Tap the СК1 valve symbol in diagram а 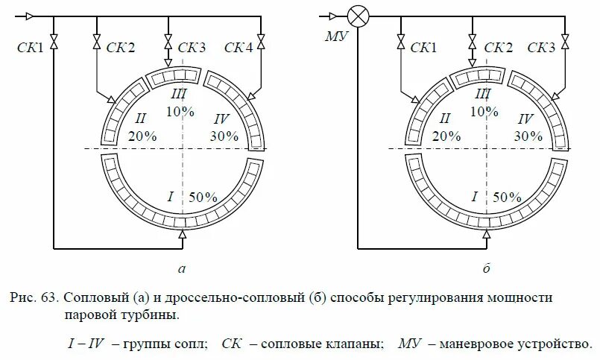point(54,39)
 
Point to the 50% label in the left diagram point(202,198)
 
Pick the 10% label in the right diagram point(484,111)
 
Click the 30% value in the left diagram point(224,136)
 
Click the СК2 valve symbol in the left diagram point(96,40)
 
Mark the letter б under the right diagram point(485,268)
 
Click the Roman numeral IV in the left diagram point(221,119)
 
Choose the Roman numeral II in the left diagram point(139,118)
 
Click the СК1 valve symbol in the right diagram point(400,40)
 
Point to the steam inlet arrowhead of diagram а point(30,15)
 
